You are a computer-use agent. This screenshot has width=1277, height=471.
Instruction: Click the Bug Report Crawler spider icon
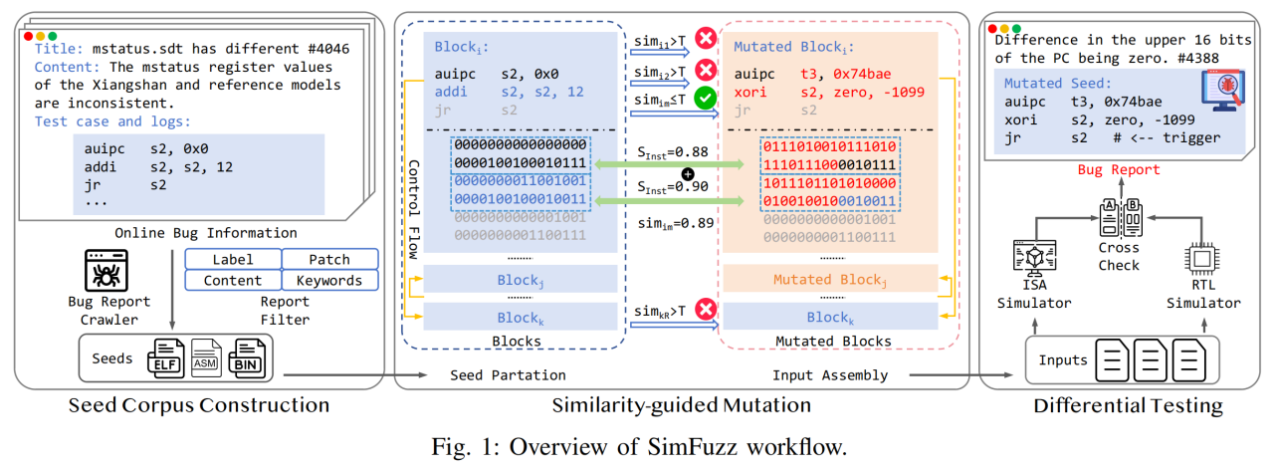click(108, 269)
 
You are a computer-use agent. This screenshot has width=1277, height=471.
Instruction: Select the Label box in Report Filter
click(233, 259)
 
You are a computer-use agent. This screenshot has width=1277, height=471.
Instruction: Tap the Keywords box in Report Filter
click(329, 281)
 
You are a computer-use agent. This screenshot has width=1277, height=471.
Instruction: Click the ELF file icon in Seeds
click(166, 356)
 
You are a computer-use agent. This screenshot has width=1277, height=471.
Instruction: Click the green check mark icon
click(707, 99)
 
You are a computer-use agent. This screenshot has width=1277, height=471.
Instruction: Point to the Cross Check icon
click(1119, 214)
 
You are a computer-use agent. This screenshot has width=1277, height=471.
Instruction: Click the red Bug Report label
click(1119, 170)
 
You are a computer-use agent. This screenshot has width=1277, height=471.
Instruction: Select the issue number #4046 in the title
click(327, 47)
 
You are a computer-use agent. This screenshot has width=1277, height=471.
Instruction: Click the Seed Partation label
click(508, 375)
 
